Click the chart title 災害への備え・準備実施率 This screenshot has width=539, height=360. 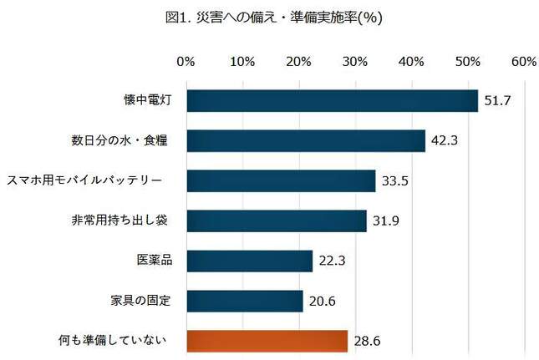point(270,17)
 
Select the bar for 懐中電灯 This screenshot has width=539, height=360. point(332,100)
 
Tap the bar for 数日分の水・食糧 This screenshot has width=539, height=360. point(306,140)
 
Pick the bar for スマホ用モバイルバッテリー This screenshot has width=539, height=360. point(281,180)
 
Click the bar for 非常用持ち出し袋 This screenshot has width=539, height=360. point(277,221)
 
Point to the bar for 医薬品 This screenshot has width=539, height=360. point(249,261)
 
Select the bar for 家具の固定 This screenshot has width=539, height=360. point(244,301)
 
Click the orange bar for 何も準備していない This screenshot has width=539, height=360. point(267,341)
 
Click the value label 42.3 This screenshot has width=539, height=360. point(444,141)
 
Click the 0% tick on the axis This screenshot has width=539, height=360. point(186,62)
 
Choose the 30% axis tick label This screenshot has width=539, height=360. point(355,62)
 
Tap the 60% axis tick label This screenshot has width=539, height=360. point(524,62)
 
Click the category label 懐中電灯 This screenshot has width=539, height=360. point(145,100)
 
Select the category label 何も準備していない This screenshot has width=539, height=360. point(119,340)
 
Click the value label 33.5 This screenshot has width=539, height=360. point(394,181)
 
